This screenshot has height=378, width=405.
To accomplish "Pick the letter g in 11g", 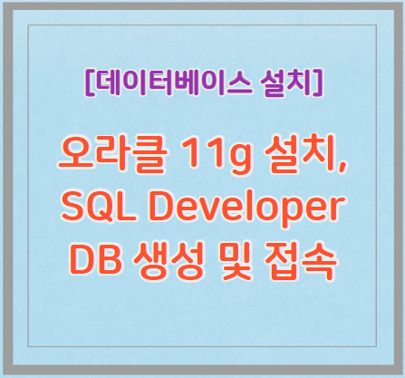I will [240, 160].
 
